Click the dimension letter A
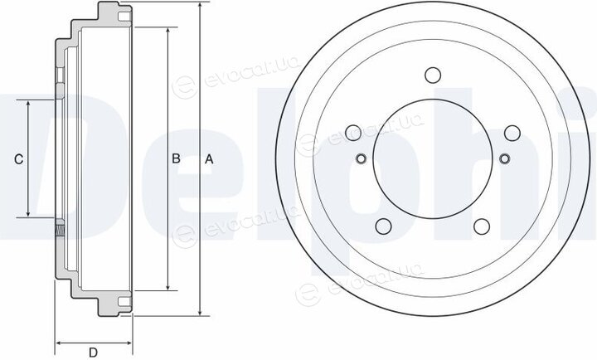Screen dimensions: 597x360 pos(209,159)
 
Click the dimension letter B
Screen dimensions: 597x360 pos(176,158)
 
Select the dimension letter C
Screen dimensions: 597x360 pos(18,159)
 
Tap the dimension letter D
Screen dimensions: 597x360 pos(93,353)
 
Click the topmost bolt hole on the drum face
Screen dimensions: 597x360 pos(433,75)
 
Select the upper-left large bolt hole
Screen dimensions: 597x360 pos(353,133)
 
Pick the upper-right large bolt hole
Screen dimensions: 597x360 pos(512,133)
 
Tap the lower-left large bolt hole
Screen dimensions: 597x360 pos(383,226)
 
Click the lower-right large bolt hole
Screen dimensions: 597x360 pos(482,226)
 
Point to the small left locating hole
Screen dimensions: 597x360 pos(361,158)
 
